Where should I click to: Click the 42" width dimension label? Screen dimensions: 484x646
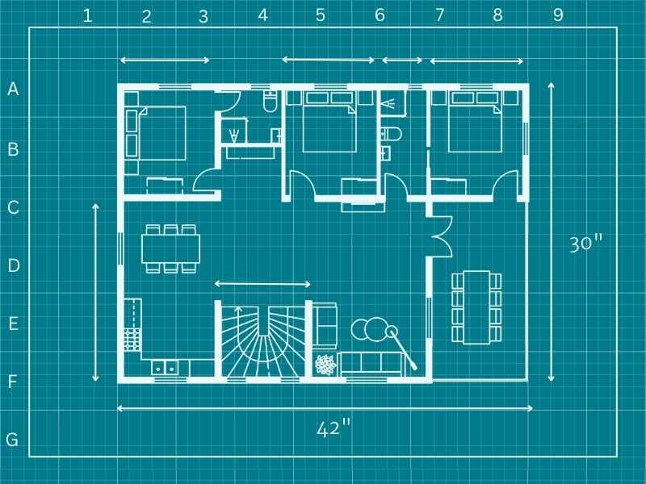point(333,428)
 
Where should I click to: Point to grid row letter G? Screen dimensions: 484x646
point(12,440)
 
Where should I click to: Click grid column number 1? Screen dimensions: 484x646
point(87,15)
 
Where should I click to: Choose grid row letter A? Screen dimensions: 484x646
point(12,90)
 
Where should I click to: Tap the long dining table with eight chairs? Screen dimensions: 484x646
point(476,307)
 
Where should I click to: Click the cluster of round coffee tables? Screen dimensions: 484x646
point(371,330)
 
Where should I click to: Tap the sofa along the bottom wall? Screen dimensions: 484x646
point(371,365)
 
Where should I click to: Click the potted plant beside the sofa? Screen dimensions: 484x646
point(325,365)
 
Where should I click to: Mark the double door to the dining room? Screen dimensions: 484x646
point(439,235)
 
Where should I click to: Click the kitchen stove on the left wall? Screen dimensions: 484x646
point(132,338)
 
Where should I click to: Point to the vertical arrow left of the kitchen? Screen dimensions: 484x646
point(96,293)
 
